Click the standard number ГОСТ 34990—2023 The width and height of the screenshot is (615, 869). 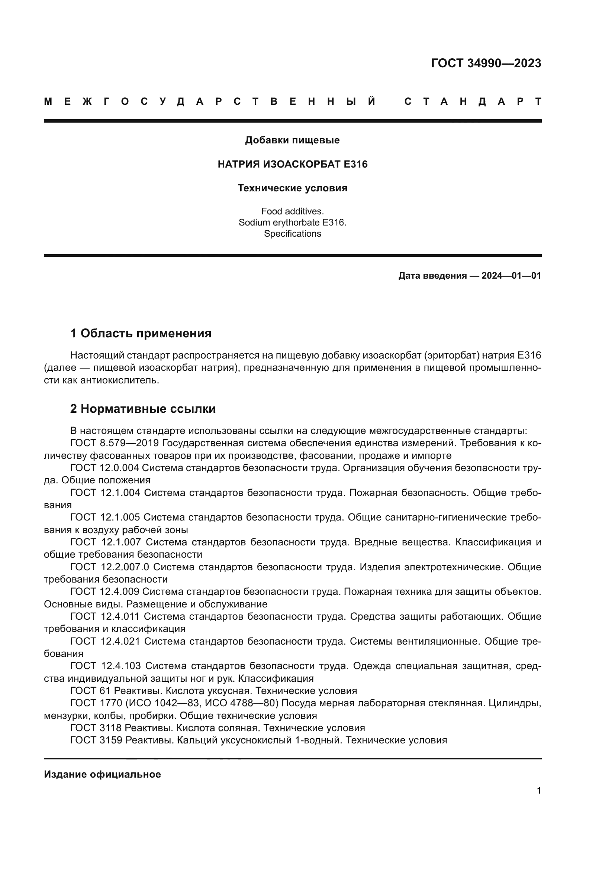coord(486,63)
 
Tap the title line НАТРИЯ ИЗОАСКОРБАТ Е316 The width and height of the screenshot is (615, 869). coord(292,164)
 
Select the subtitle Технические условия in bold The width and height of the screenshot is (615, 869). coord(292,188)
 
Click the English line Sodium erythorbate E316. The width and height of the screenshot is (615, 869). coord(292,223)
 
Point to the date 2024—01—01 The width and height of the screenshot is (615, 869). coord(511,276)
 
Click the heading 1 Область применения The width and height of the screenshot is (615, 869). coord(141,333)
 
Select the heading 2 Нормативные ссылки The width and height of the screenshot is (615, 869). coord(143,409)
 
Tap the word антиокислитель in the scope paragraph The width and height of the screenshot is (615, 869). coord(119,380)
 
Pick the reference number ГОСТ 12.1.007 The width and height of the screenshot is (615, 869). coord(106,542)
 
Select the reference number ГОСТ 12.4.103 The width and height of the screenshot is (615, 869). coord(106,666)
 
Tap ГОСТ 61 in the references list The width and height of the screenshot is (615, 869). coord(90,691)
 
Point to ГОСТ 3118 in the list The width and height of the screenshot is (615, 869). coord(96,728)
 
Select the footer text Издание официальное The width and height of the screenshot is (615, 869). coord(102,774)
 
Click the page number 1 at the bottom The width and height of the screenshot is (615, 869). coord(538,791)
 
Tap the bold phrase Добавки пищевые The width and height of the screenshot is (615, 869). coord(292,140)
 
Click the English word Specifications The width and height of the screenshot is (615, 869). coord(292,234)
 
